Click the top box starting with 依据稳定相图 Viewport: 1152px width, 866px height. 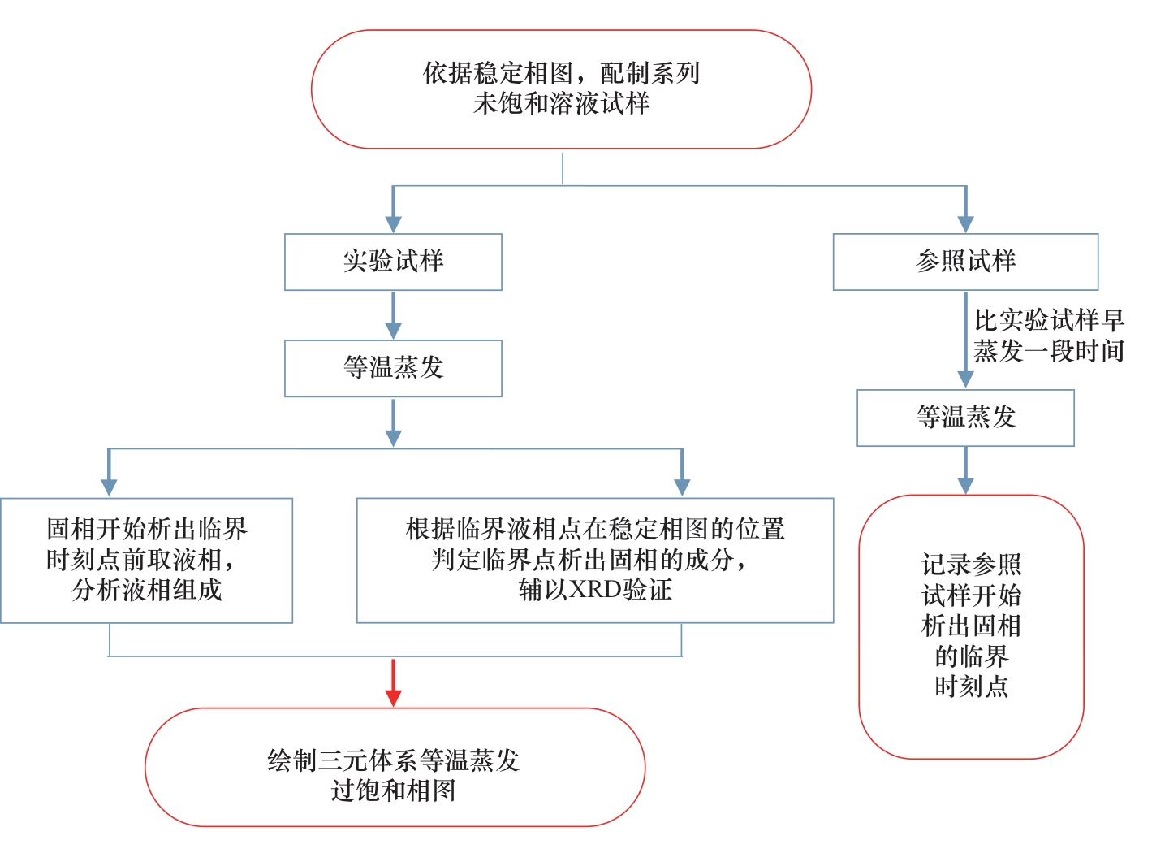tap(561, 89)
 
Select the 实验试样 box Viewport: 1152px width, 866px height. tap(393, 262)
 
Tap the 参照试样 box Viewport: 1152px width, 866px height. tap(965, 262)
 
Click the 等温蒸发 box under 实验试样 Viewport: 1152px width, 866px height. tap(393, 368)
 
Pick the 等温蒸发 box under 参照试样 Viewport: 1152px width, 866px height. tap(965, 418)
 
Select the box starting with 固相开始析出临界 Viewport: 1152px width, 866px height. tap(146, 560)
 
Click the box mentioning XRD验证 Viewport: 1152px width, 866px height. tap(595, 560)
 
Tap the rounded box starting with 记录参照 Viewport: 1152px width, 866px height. tap(971, 626)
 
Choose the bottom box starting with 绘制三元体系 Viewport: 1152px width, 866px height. tap(395, 767)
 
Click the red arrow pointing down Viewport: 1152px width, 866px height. tap(394, 682)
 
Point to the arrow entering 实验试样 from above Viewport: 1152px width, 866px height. tap(394, 210)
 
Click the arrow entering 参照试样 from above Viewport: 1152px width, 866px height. tap(965, 210)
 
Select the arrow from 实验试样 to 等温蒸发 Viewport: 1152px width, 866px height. tap(394, 315)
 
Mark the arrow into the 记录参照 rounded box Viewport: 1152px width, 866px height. tap(965, 470)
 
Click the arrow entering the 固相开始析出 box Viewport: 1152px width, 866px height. tap(109, 473)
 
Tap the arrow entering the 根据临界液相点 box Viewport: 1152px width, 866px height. tap(682, 473)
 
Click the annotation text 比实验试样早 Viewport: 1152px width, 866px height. tap(1049, 320)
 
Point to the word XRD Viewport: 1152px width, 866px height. tap(595, 590)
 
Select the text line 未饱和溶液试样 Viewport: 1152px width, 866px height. tap(561, 104)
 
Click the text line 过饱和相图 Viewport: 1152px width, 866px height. tap(394, 790)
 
